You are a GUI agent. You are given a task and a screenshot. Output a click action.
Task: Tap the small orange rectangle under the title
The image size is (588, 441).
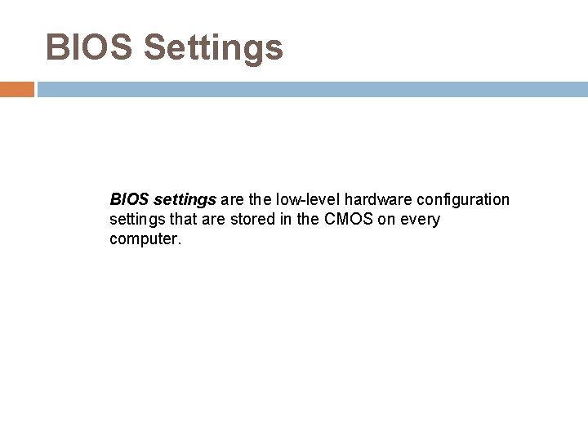(x=17, y=89)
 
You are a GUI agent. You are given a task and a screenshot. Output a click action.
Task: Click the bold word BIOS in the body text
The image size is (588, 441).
(x=127, y=198)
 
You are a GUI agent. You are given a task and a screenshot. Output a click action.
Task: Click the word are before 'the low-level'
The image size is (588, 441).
(x=232, y=199)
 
